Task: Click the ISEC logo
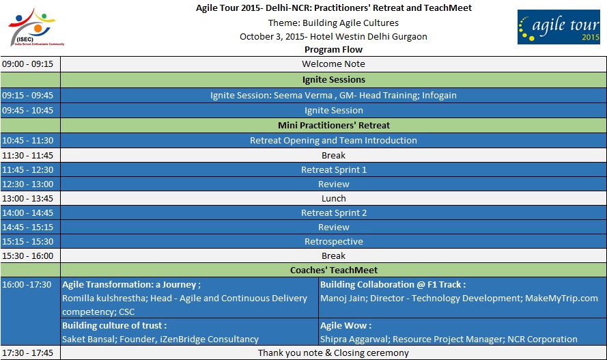(36, 27)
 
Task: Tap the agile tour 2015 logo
(559, 27)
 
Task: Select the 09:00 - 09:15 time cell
(27, 64)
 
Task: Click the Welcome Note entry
(333, 64)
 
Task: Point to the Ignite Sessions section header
(334, 80)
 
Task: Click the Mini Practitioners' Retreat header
(334, 126)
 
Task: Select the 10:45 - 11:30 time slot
(27, 141)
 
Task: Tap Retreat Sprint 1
(334, 170)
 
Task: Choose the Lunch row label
(333, 199)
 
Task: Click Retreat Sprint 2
(334, 213)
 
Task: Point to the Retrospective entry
(334, 242)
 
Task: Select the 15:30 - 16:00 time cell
(27, 256)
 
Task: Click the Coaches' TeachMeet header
(334, 271)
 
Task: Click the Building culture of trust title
(114, 326)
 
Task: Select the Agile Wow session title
(345, 326)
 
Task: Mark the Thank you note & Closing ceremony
(333, 353)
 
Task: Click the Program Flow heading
(333, 50)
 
